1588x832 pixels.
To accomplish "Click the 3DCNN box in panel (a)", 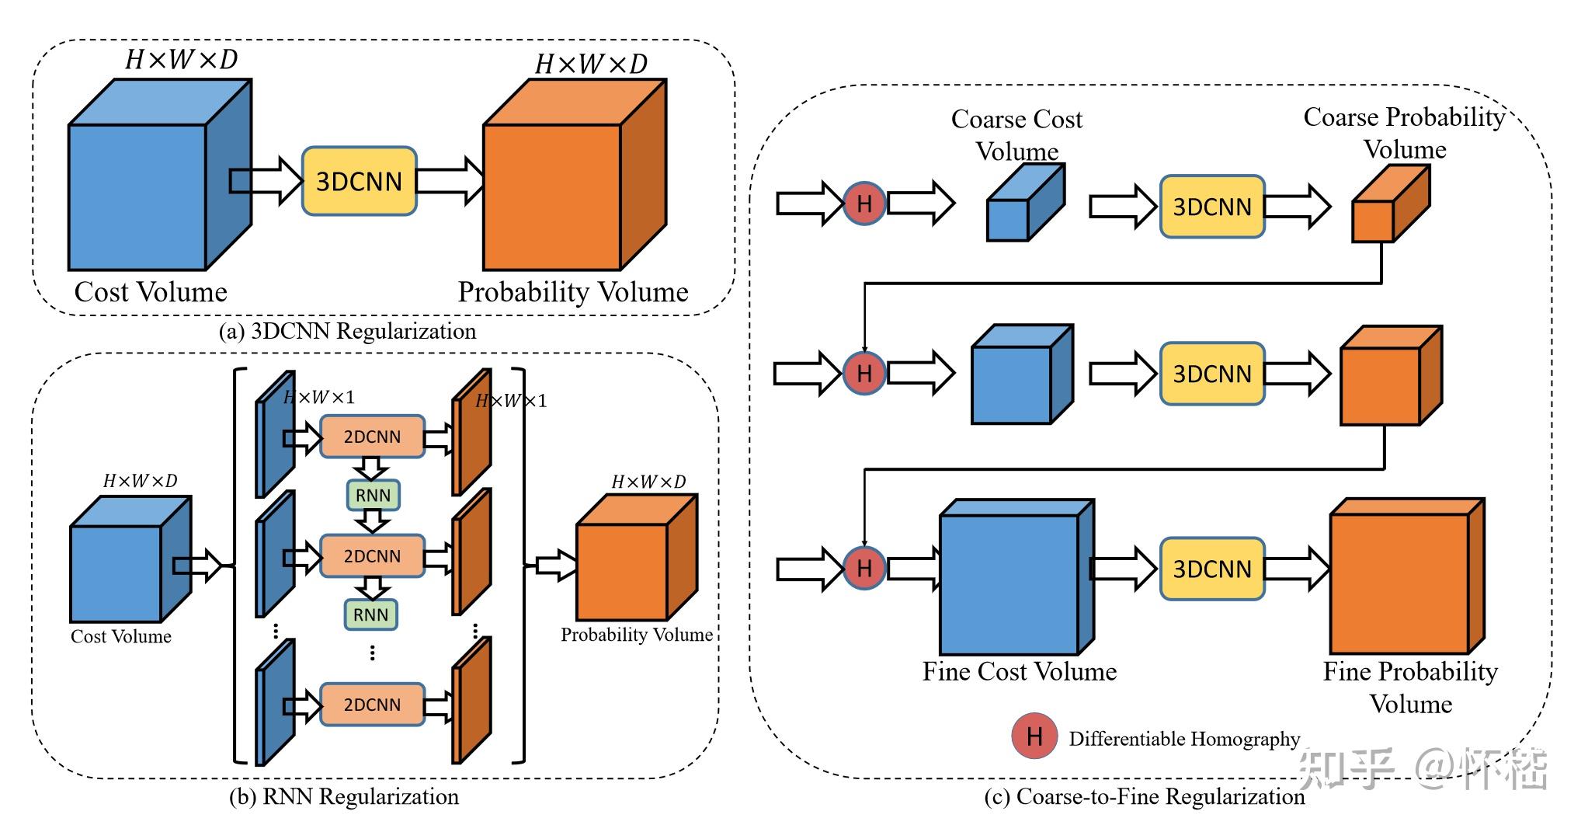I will tap(359, 181).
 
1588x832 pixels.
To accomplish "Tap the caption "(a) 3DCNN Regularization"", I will tap(347, 332).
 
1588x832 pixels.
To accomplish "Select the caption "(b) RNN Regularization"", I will tap(344, 797).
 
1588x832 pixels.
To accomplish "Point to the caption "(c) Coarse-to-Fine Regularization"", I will tap(1144, 797).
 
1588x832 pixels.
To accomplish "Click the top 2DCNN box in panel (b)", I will tap(372, 437).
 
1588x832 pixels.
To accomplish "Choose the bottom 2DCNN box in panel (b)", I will tap(372, 705).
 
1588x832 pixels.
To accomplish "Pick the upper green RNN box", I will tap(373, 495).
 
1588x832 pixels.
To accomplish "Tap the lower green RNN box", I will tap(370, 614).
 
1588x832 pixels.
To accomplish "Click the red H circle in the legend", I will tap(1034, 736).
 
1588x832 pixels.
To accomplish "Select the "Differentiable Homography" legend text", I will tap(1184, 739).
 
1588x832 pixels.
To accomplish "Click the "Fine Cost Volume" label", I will tap(1019, 671).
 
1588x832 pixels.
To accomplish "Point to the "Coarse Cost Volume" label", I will tap(1016, 134).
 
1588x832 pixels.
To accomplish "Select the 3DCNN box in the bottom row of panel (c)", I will tap(1211, 569).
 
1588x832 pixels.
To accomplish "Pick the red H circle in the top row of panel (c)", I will tap(863, 204).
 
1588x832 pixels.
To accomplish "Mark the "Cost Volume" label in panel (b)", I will tap(121, 636).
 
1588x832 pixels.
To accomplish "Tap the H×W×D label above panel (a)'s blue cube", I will tap(181, 60).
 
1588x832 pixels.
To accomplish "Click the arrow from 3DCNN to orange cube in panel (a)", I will tap(450, 181).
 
